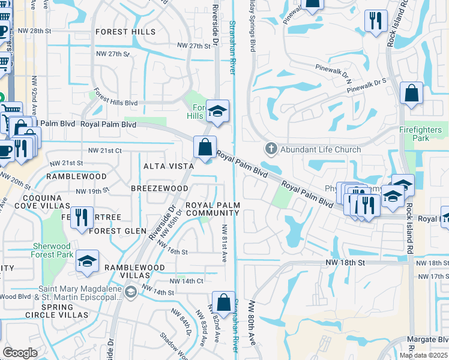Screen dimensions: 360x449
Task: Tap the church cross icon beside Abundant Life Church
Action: [271, 149]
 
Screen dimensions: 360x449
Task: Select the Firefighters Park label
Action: [423, 134]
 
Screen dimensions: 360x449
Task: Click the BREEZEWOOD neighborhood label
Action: [160, 188]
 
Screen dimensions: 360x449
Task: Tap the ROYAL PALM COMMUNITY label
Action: [213, 209]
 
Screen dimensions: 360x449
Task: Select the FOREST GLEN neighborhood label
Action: [118, 231]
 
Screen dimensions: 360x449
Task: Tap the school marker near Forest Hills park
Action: [217, 110]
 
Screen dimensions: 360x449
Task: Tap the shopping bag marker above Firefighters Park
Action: [411, 94]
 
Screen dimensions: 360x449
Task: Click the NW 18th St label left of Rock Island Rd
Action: [345, 263]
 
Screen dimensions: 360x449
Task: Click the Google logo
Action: [20, 353]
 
